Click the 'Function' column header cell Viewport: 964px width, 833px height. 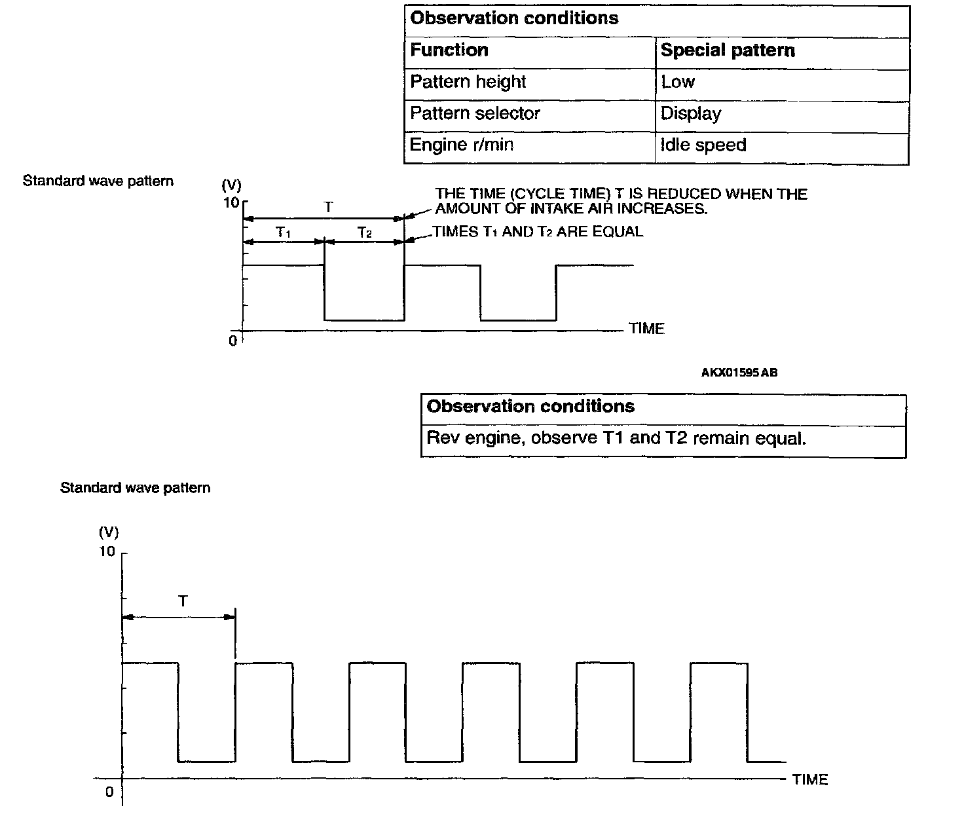[x=449, y=50]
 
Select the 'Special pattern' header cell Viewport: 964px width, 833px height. [x=727, y=50]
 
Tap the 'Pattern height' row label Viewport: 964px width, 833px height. [x=468, y=82]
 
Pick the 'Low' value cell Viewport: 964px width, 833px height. [x=678, y=82]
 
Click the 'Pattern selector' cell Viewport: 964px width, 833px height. [x=475, y=113]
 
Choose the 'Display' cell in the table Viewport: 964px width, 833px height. [x=690, y=113]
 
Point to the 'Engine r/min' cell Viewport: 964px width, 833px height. [x=461, y=145]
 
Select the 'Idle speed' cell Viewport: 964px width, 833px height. [x=703, y=145]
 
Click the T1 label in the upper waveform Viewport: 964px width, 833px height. [x=283, y=232]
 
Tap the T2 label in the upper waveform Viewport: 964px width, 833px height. [x=364, y=232]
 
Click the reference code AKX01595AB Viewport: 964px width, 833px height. [x=739, y=373]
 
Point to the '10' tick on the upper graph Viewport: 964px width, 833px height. [x=231, y=202]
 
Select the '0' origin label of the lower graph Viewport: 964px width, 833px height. [x=109, y=792]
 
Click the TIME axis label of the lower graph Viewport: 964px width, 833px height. [x=810, y=779]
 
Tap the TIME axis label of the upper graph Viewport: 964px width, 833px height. [x=646, y=329]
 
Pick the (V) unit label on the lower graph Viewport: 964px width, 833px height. [x=109, y=531]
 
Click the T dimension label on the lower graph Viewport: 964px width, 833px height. [x=183, y=601]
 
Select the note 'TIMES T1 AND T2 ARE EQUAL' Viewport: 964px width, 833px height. [x=538, y=232]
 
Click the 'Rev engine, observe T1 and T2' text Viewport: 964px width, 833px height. [x=616, y=438]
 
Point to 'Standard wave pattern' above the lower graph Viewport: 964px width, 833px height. [x=135, y=488]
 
